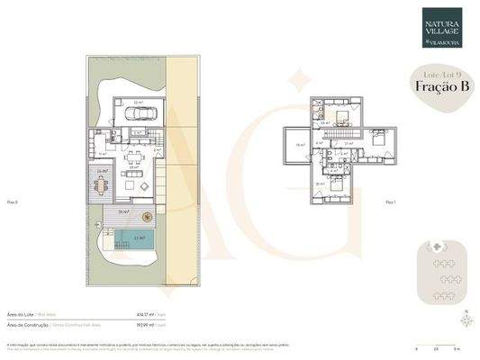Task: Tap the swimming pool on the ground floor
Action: click(132, 238)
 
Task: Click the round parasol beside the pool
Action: click(147, 213)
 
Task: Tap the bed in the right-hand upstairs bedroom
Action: click(378, 140)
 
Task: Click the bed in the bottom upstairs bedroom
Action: click(335, 184)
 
